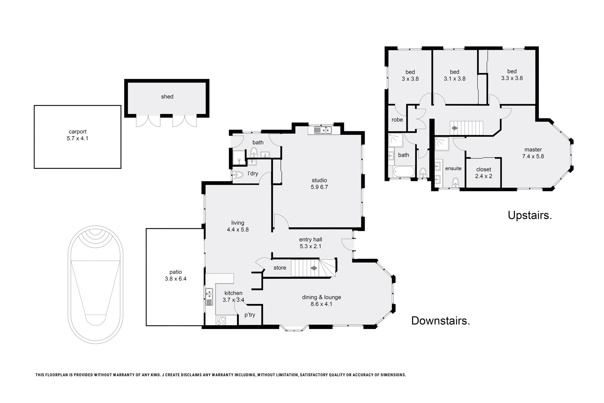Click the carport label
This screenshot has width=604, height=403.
[78, 132]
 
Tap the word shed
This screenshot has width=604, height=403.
[167, 97]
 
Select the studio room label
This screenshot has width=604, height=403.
[319, 180]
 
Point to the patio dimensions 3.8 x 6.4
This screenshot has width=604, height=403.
[176, 279]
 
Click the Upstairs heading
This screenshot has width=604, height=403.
[530, 215]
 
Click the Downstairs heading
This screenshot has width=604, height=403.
[441, 321]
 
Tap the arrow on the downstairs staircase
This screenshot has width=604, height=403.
[314, 268]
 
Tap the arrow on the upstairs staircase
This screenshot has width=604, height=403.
[455, 128]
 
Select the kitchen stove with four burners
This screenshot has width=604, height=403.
[221, 321]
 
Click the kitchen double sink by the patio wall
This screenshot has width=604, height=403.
[209, 296]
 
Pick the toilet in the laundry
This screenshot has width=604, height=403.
[238, 175]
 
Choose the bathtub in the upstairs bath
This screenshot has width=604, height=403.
[404, 171]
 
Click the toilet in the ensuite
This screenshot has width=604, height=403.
[455, 182]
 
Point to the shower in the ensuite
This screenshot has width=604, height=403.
[442, 144]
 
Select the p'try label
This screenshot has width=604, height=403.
[250, 315]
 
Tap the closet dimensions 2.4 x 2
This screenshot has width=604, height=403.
[484, 176]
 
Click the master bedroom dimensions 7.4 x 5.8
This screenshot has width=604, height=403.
[533, 156]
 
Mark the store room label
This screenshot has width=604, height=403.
[280, 267]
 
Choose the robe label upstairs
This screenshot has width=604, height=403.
[397, 119]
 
